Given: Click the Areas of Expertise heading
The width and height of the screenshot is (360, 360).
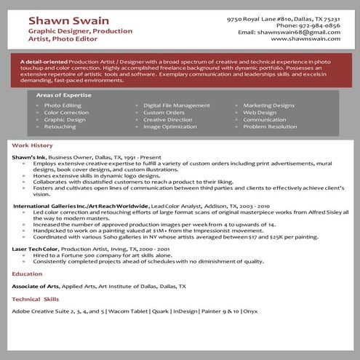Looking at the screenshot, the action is (63, 95).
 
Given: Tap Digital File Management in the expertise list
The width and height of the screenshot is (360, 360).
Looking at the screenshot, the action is (177, 105).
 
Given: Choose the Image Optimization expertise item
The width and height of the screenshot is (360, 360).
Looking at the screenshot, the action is (170, 127).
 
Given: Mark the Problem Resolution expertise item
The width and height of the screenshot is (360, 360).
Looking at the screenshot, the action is (270, 127).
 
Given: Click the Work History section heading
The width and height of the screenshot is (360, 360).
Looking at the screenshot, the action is (33, 145).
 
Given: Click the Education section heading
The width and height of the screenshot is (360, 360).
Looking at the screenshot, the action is (27, 274).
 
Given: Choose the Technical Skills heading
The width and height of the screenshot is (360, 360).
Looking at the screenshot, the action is (36, 299).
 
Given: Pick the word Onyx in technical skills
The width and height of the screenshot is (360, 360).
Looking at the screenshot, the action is (250, 311).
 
